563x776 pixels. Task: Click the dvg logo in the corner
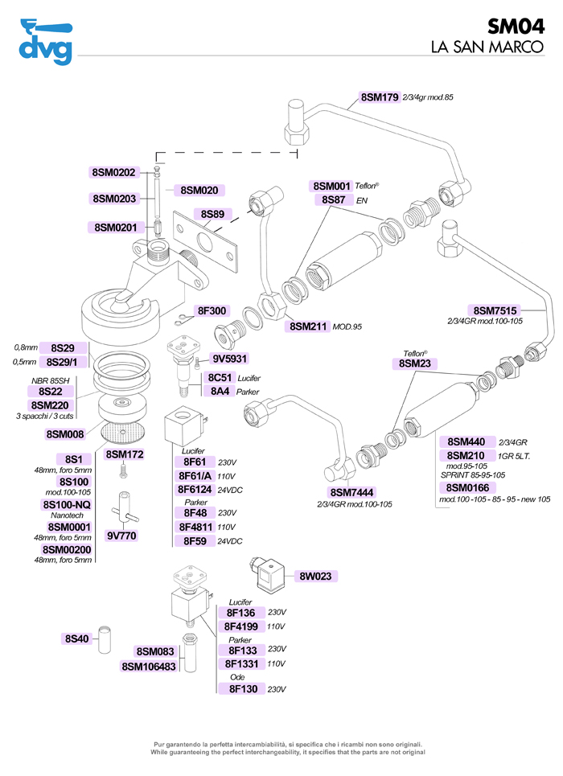coord(45,40)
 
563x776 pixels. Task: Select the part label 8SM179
coord(380,97)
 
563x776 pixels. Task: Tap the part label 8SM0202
coord(115,172)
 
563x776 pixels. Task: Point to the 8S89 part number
coord(212,214)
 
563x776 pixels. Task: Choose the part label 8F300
coord(212,310)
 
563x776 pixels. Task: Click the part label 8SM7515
coord(495,310)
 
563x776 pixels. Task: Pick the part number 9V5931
coord(230,359)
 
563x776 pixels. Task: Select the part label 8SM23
coord(416,363)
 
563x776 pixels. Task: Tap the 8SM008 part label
coord(66,434)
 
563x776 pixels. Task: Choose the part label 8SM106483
coord(149,666)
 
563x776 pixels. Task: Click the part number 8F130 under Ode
coord(242,688)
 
